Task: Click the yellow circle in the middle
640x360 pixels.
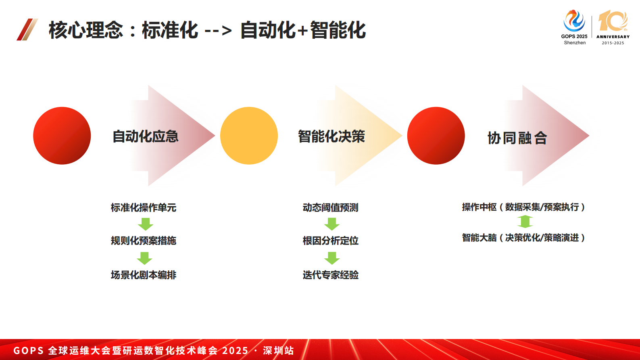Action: tap(249, 136)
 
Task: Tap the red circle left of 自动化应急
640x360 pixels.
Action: tap(62, 136)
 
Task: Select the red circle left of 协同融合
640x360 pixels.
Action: tap(436, 136)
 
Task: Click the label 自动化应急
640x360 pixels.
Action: tap(145, 136)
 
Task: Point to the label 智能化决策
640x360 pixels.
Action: tap(331, 136)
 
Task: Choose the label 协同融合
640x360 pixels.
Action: tap(517, 138)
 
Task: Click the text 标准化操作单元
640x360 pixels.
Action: tap(144, 207)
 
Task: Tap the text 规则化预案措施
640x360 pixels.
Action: tap(144, 241)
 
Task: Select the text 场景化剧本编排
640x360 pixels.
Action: tap(144, 275)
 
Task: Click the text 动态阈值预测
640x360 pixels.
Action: tap(330, 207)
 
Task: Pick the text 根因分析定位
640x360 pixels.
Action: tap(330, 241)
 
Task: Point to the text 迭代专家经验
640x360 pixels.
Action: tap(330, 275)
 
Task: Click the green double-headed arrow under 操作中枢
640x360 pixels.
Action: tap(525, 222)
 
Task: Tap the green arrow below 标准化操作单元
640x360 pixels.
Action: tap(145, 224)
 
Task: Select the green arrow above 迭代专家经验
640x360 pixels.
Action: tap(331, 258)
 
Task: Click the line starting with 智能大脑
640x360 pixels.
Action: tap(523, 238)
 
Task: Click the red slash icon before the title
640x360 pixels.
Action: tap(27, 29)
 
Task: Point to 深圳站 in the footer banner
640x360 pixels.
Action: tap(278, 350)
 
